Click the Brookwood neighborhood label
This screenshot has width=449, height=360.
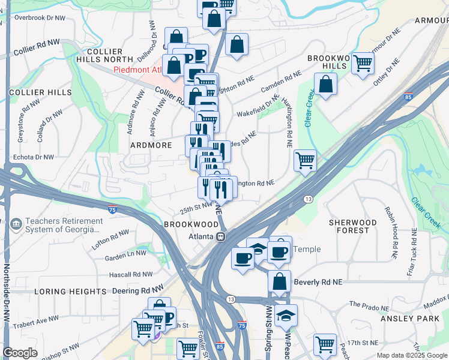point(189,223)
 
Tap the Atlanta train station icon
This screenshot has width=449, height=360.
point(221,236)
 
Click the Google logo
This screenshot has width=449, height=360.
point(20,353)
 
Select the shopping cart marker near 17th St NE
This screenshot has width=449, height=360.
point(325,344)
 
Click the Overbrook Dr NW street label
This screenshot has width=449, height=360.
point(40,17)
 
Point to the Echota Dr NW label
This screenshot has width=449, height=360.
point(33,157)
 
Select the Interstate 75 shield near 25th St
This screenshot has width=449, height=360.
point(112,209)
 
